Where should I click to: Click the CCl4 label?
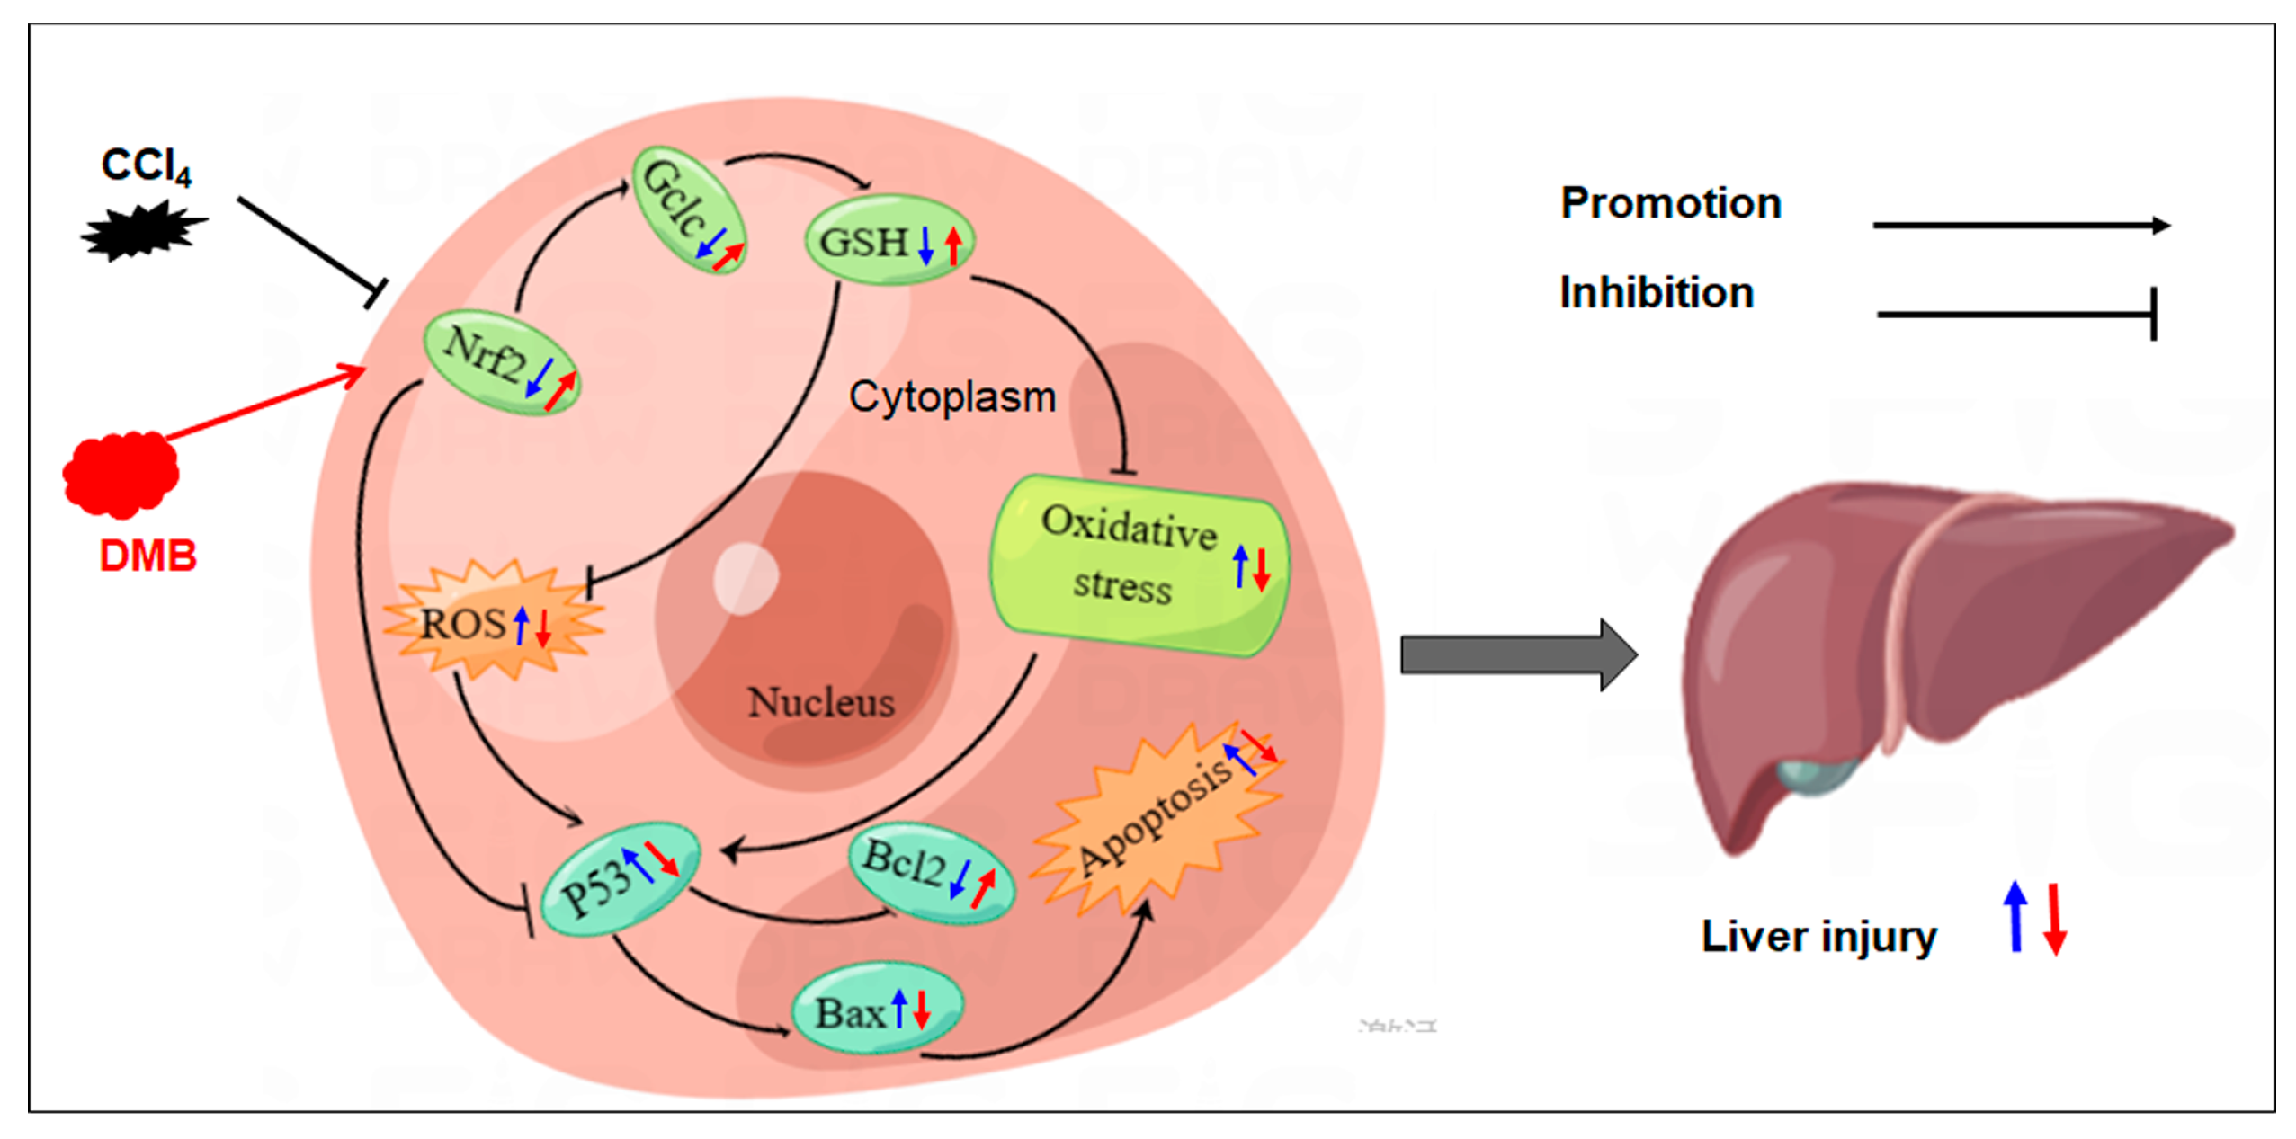pos(146,165)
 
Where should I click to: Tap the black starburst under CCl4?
pos(142,231)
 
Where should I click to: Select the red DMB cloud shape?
pos(121,474)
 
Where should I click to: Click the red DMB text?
pos(147,556)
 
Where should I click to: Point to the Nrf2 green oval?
pos(500,361)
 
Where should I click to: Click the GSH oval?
pos(889,241)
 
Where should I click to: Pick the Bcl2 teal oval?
pos(930,871)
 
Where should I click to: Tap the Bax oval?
pos(875,1012)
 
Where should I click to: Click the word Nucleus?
pos(820,702)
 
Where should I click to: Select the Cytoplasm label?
pos(951,396)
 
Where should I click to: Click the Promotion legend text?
pos(1670,203)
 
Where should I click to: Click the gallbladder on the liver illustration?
pos(1815,773)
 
